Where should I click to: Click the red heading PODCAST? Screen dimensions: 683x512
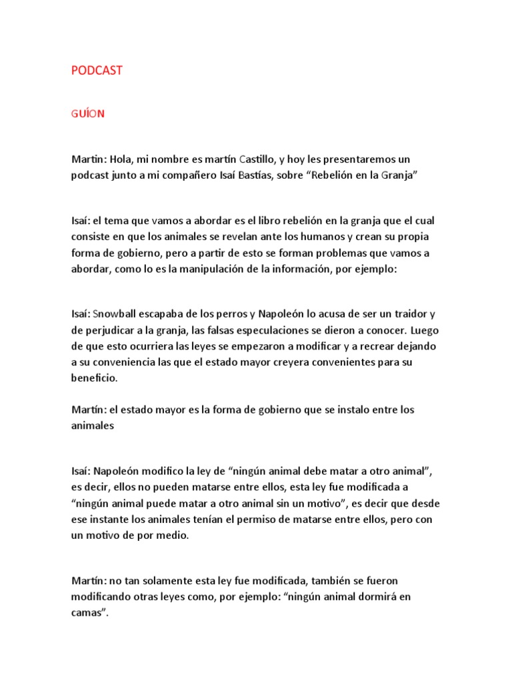coord(97,71)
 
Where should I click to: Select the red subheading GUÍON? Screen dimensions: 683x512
coord(88,113)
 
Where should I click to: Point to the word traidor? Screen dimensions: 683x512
coord(401,314)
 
